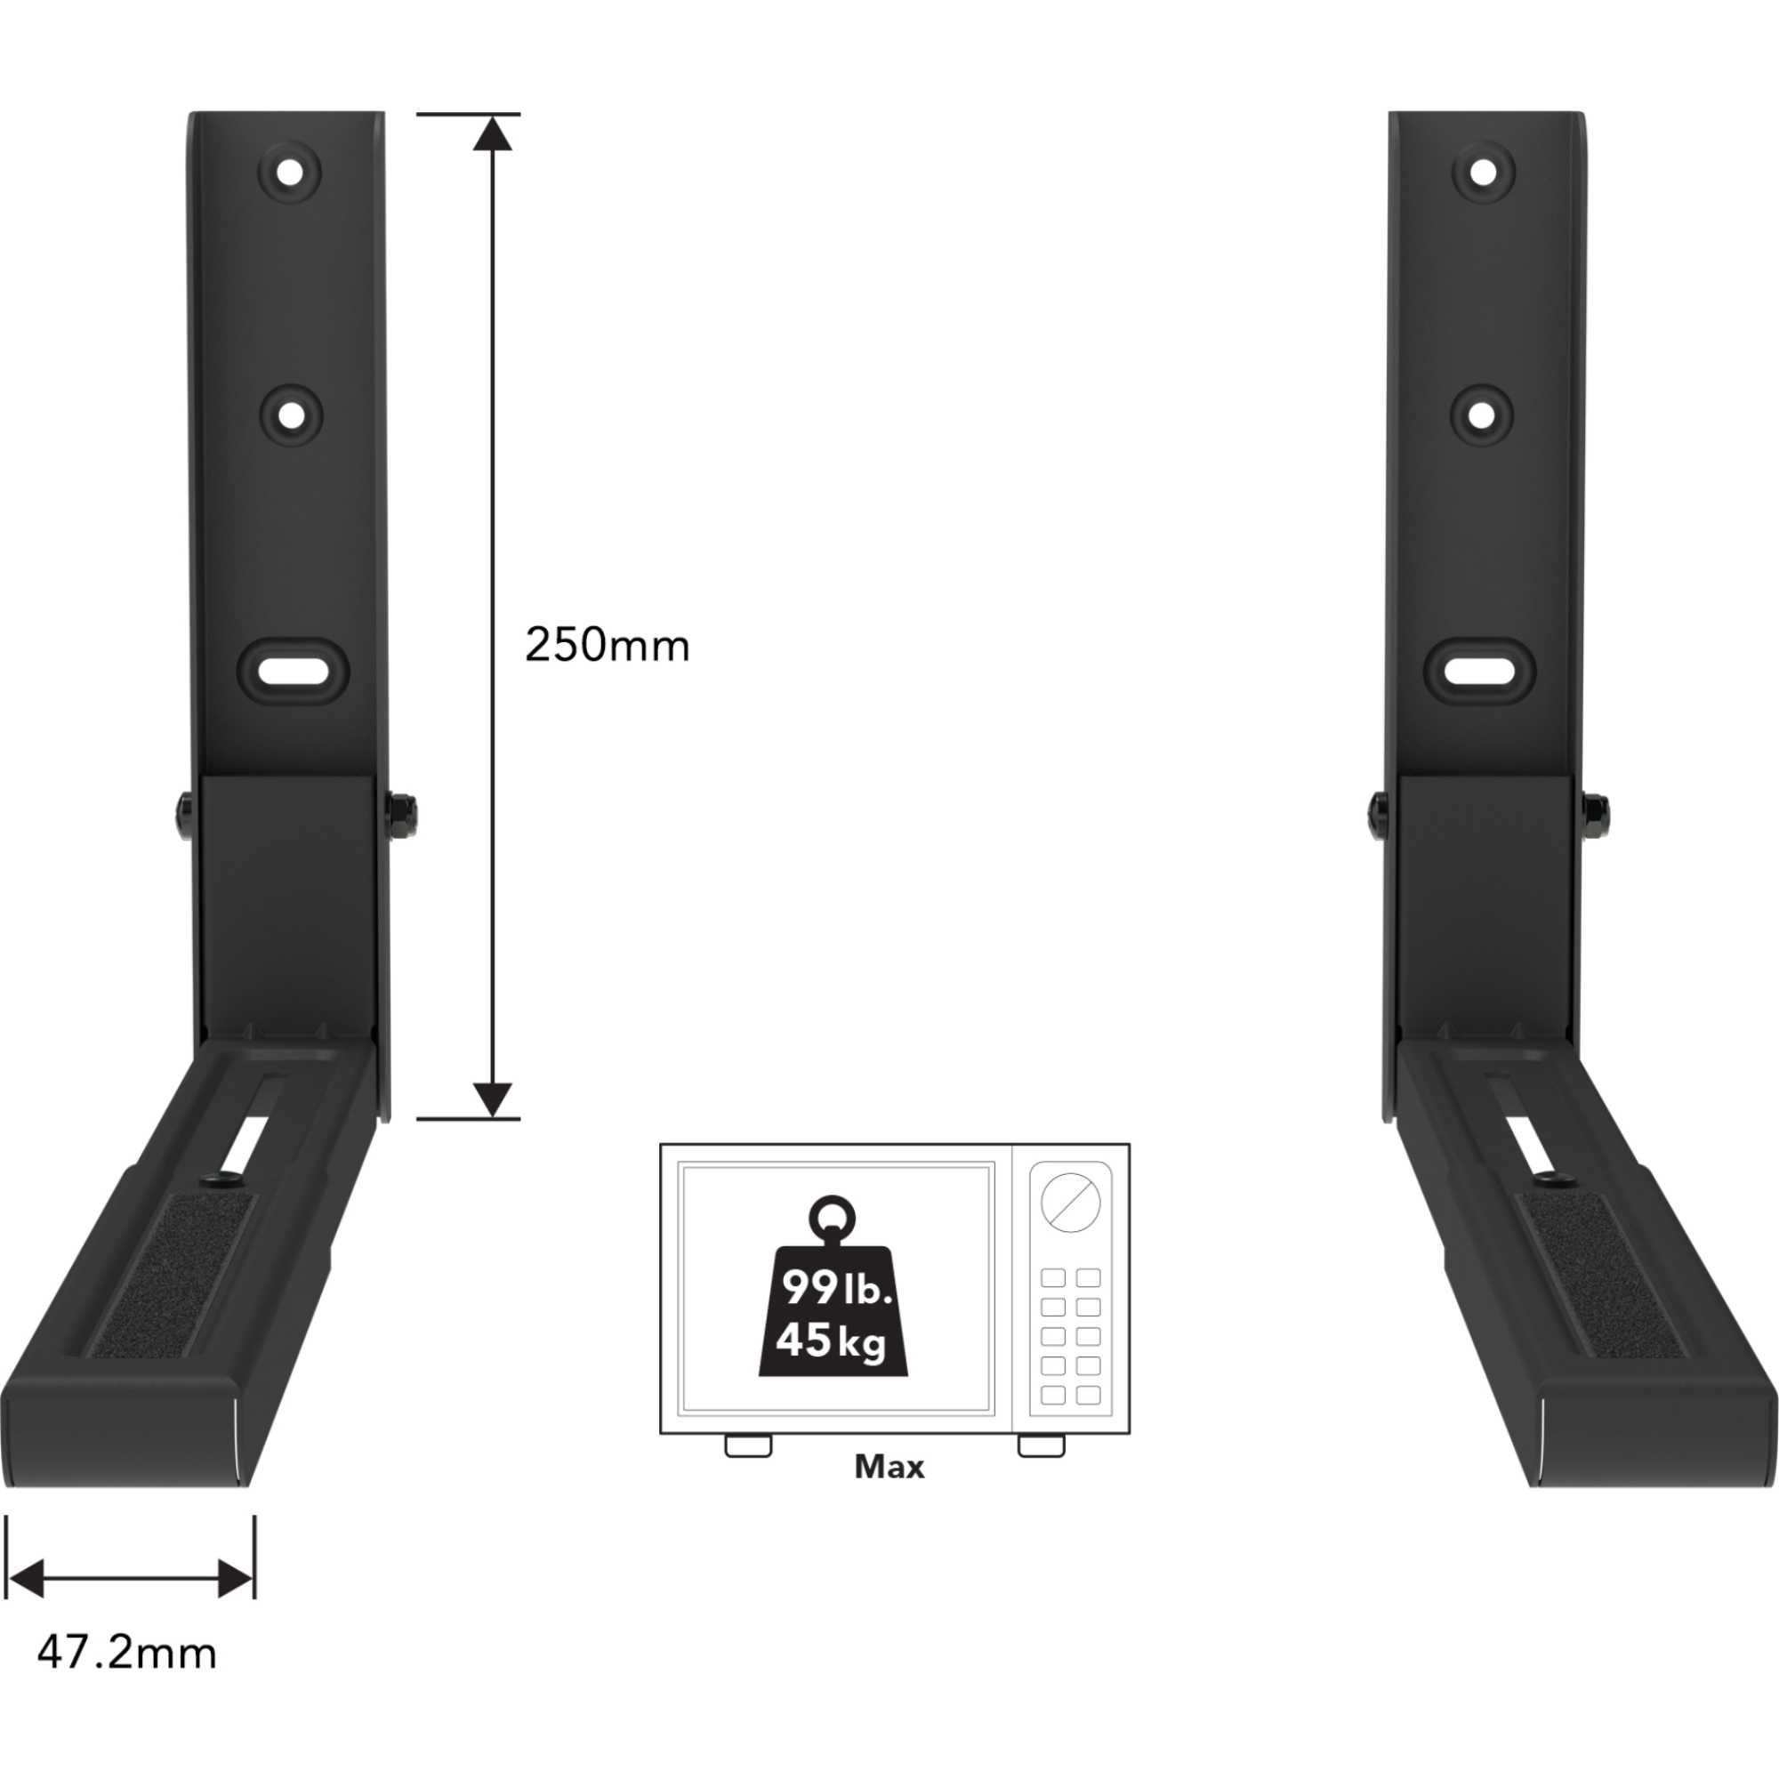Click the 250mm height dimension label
point(607,646)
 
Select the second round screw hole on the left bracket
point(290,415)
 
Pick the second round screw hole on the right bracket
point(1482,415)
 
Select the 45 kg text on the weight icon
point(831,1340)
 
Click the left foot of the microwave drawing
point(748,1445)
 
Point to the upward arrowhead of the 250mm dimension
point(494,133)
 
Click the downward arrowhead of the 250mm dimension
point(494,1099)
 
